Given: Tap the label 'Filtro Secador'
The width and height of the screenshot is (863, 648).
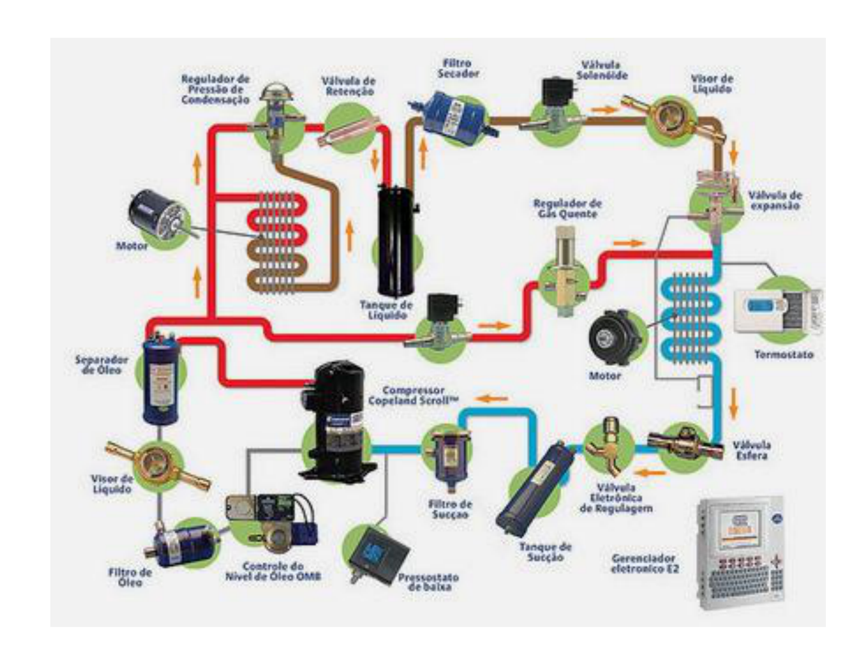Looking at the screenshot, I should pos(457,68).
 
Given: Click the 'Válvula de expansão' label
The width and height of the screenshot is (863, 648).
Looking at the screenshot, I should pos(774,200).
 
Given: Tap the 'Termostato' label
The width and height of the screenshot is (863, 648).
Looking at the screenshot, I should pos(784,355).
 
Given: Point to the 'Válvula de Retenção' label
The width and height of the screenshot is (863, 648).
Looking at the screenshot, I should pos(348,86).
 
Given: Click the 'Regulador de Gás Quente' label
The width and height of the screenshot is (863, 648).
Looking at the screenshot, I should pos(567,209).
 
